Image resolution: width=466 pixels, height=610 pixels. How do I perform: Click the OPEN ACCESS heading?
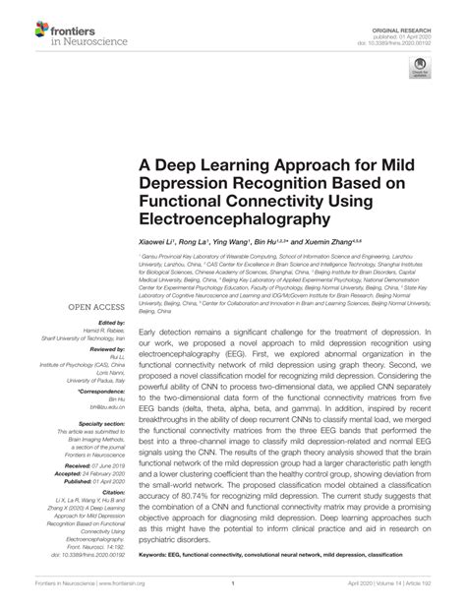click(x=96, y=279)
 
